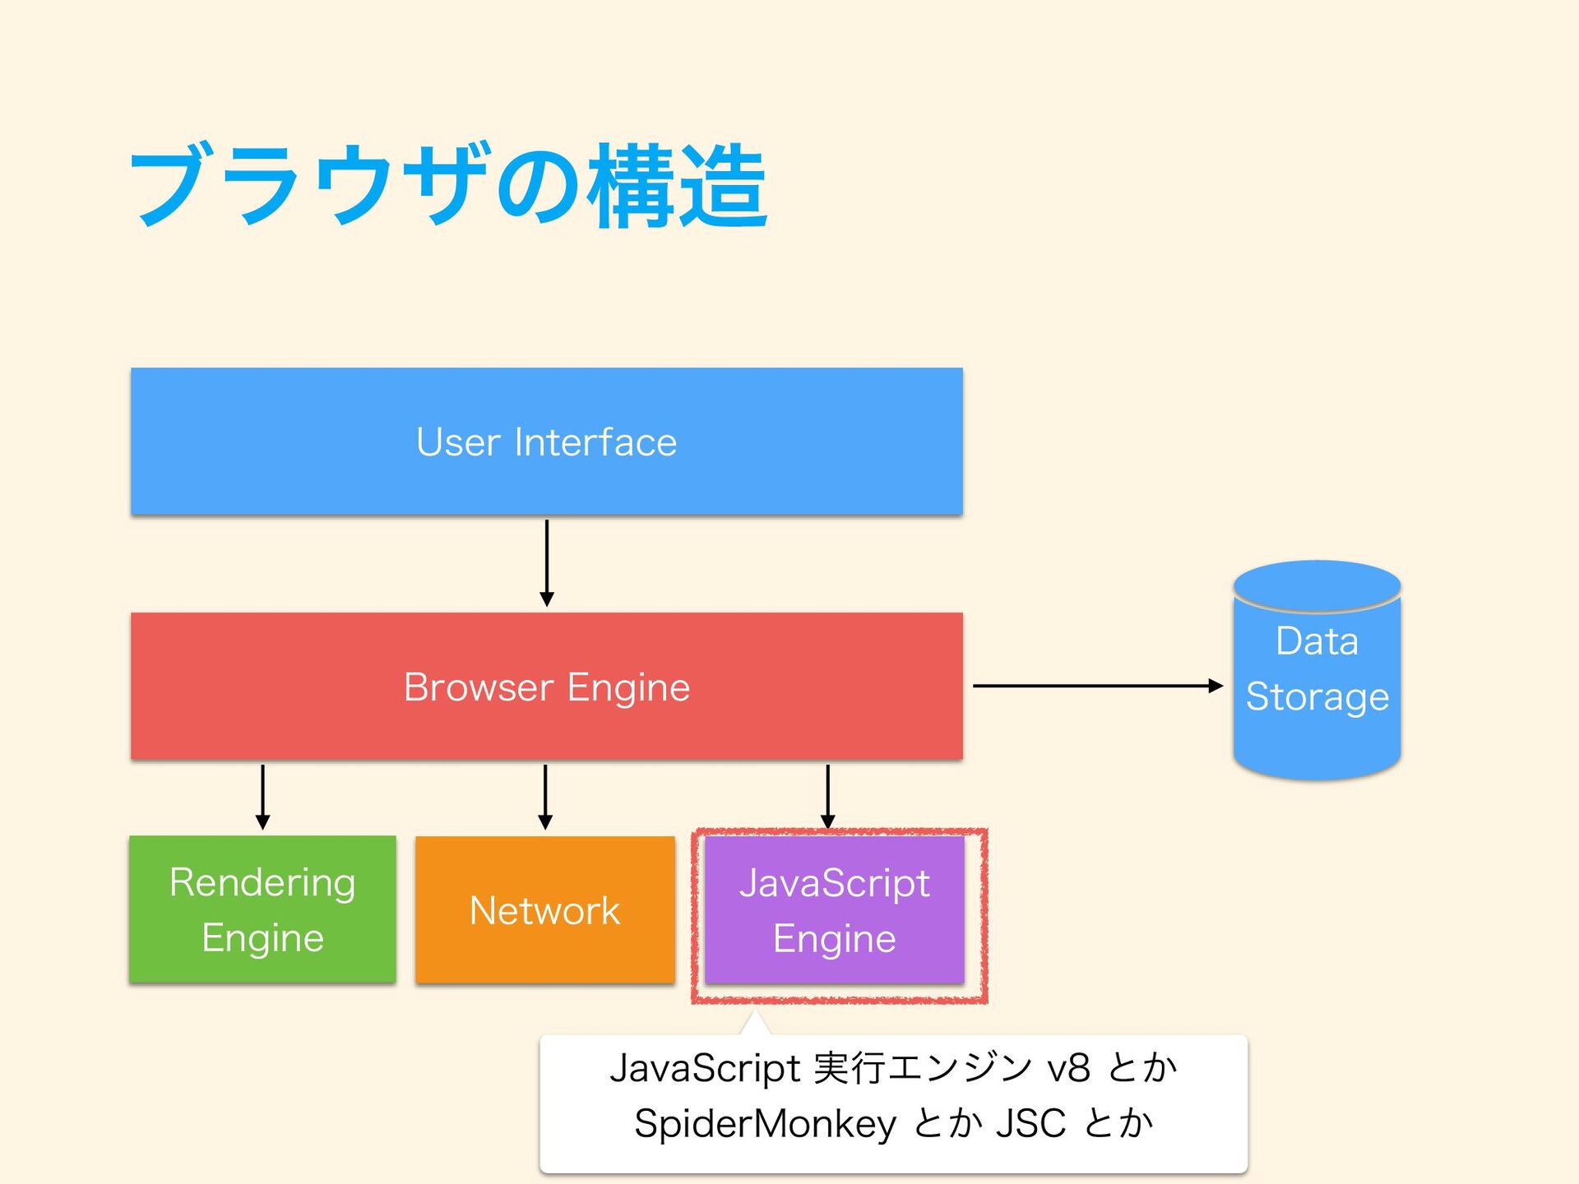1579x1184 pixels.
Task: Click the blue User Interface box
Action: pyautogui.click(x=547, y=442)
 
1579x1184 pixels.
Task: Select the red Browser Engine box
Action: pyautogui.click(x=547, y=686)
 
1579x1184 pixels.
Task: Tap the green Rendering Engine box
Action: pyautogui.click(x=263, y=909)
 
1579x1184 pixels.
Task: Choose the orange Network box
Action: pyautogui.click(x=545, y=909)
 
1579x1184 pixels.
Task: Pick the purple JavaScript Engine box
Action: pyautogui.click(x=835, y=909)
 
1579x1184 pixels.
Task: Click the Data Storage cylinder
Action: pyautogui.click(x=1317, y=670)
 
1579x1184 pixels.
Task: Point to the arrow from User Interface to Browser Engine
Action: pyautogui.click(x=547, y=563)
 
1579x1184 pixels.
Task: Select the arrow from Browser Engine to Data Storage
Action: pyautogui.click(x=1098, y=686)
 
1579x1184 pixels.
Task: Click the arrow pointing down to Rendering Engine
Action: pyautogui.click(x=263, y=797)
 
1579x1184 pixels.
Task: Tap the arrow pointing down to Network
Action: pyautogui.click(x=545, y=797)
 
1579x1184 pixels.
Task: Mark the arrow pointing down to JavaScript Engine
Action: pyautogui.click(x=828, y=797)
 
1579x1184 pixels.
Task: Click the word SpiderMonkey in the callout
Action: pyautogui.click(x=765, y=1124)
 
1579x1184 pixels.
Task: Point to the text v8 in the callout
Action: pyautogui.click(x=1068, y=1068)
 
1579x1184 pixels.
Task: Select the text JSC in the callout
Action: pyautogui.click(x=1030, y=1123)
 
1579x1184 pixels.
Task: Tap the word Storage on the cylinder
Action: pyautogui.click(x=1317, y=697)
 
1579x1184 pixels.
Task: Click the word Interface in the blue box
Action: pyautogui.click(x=595, y=442)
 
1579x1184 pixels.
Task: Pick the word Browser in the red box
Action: pyautogui.click(x=478, y=687)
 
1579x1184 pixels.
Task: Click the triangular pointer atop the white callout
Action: pyautogui.click(x=755, y=1024)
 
